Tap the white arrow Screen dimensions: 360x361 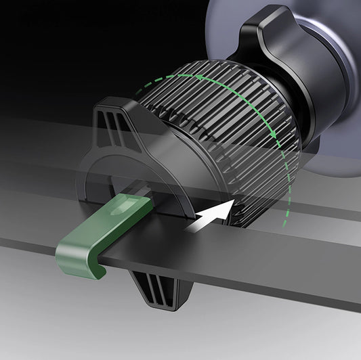click(x=211, y=219)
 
